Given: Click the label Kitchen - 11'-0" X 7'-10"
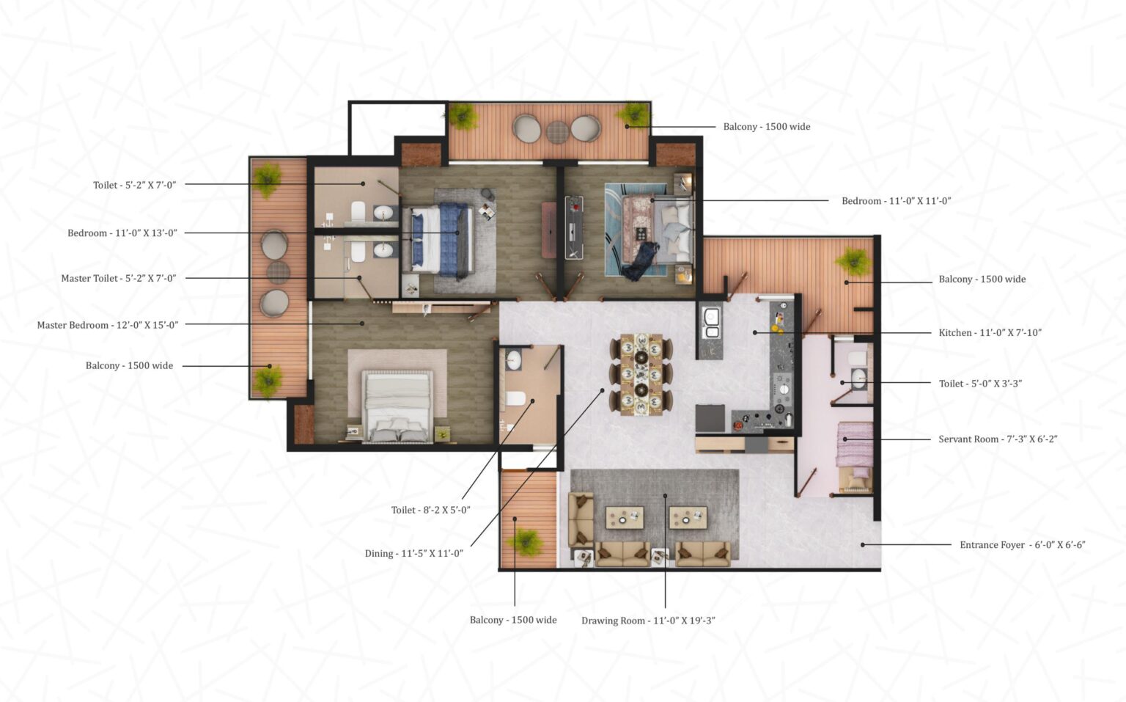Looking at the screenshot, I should click(990, 333).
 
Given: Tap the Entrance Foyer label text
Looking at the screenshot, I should click(1022, 545).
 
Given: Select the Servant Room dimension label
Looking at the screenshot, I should click(998, 439).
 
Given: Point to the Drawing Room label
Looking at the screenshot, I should click(648, 621).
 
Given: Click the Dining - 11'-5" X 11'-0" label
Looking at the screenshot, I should click(414, 554).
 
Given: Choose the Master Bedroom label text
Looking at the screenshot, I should click(108, 325).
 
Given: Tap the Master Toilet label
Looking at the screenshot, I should click(119, 279).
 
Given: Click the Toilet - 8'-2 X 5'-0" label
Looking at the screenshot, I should click(430, 511).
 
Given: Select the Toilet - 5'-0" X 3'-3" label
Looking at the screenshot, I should click(980, 384).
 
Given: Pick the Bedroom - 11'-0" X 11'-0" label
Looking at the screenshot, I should click(896, 201).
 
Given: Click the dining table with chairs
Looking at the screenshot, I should click(641, 374).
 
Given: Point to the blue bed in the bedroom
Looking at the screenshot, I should click(440, 240).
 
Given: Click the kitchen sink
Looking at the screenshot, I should click(710, 323).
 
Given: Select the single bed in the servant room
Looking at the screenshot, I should click(854, 456).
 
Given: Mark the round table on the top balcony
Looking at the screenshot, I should click(557, 132).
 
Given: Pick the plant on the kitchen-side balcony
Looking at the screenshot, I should click(853, 261).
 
